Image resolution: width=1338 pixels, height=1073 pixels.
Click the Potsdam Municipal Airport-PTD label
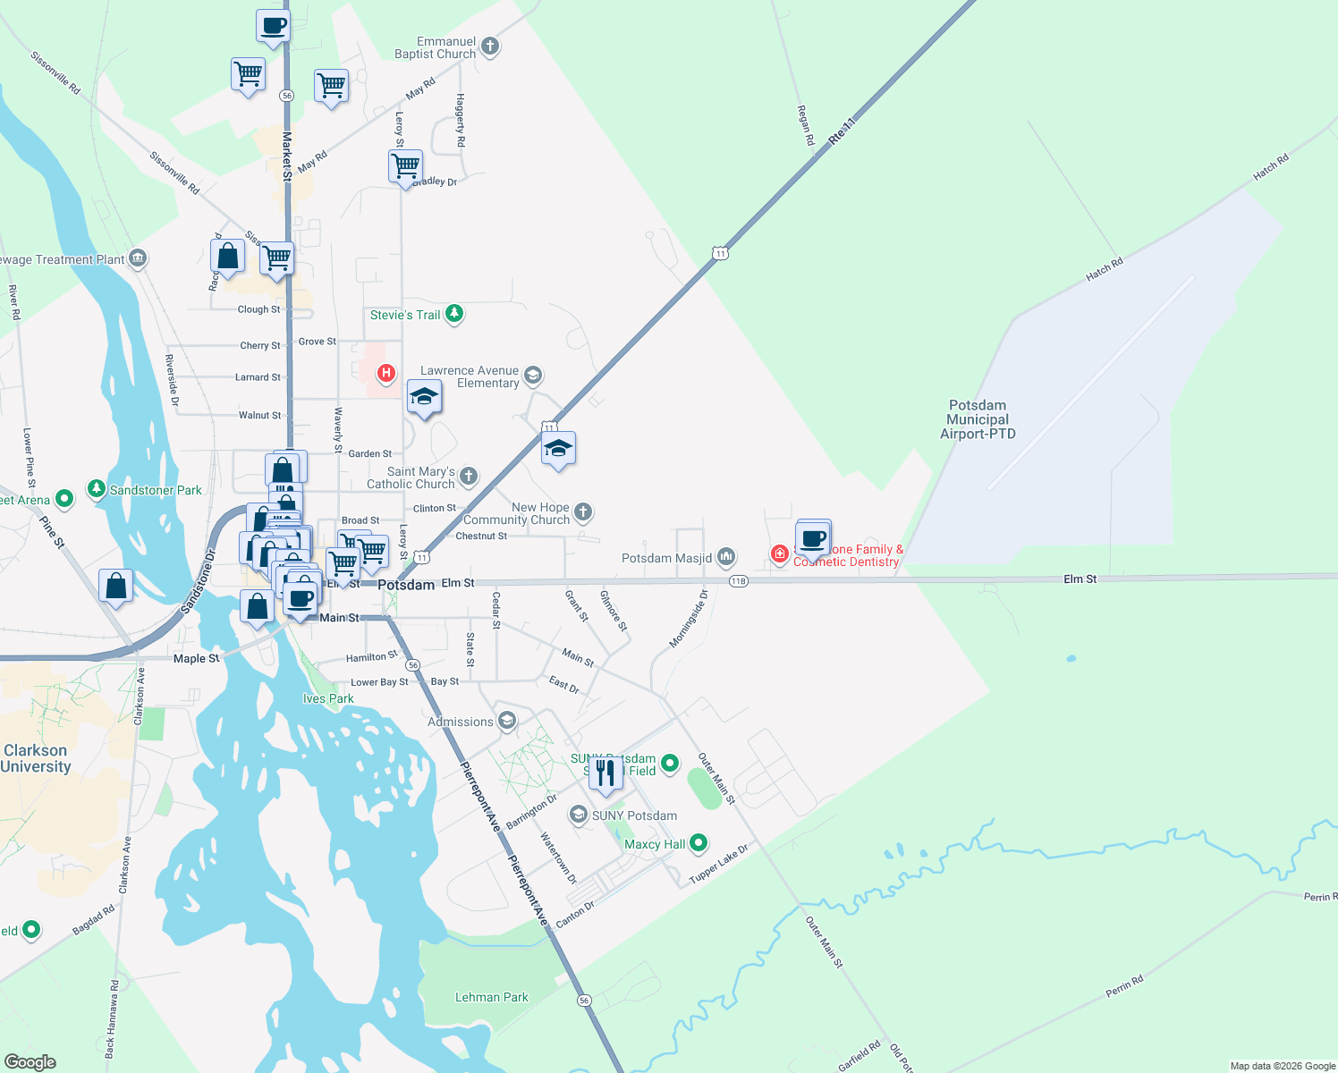pyautogui.click(x=978, y=419)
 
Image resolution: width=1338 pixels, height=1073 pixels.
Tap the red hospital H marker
pyautogui.click(x=386, y=373)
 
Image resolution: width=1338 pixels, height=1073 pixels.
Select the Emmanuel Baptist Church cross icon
pyautogui.click(x=489, y=46)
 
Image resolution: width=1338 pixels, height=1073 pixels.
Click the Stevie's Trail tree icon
pyautogui.click(x=454, y=314)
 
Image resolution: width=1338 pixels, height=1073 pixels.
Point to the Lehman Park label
pyautogui.click(x=491, y=997)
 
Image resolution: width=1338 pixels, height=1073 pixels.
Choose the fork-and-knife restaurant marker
pyautogui.click(x=605, y=773)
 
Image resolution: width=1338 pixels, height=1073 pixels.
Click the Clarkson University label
pyautogui.click(x=36, y=758)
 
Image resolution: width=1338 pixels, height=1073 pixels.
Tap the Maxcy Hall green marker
pyautogui.click(x=699, y=842)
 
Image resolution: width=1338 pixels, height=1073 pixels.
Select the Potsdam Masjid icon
pyautogui.click(x=726, y=557)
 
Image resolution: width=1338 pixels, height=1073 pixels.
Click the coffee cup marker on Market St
pyautogui.click(x=273, y=26)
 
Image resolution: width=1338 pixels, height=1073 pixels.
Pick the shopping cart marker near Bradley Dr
pyautogui.click(x=405, y=165)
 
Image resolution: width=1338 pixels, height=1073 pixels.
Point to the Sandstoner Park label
pyautogui.click(x=156, y=490)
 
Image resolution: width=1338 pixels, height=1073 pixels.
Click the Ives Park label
pyautogui.click(x=328, y=698)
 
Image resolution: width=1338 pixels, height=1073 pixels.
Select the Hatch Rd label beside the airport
pyautogui.click(x=1104, y=269)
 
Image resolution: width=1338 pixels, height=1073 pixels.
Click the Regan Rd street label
pyautogui.click(x=805, y=125)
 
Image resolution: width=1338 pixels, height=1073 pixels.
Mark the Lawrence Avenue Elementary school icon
pyautogui.click(x=533, y=376)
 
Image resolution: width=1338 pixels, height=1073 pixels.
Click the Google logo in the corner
pyautogui.click(x=30, y=1062)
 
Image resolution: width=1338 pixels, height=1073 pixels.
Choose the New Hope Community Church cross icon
pyautogui.click(x=583, y=511)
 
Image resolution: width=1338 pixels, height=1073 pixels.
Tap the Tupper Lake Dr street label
pyautogui.click(x=718, y=865)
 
